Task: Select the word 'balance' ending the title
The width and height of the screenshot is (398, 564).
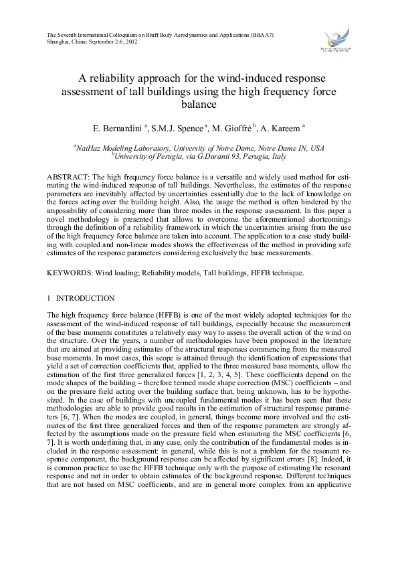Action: (x=199, y=104)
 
